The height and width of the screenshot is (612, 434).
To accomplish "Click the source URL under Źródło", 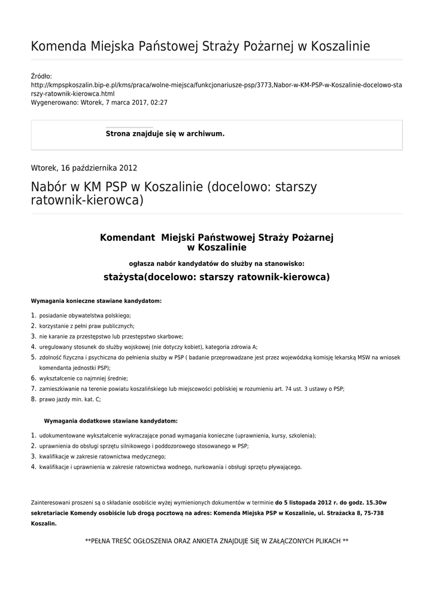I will coord(216,89).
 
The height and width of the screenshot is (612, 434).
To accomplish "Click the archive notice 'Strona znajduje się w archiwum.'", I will coord(165,134).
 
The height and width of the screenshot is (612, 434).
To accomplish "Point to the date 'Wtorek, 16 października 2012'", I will coord(84,168).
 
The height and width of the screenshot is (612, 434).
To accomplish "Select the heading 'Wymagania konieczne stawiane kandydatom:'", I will coord(96,301).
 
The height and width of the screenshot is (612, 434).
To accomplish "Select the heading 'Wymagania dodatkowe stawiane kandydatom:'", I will coord(111,421).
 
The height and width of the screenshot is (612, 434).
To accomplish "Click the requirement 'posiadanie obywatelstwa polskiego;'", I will coord(85,315).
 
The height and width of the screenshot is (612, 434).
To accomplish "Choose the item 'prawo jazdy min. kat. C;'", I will coord(70,399).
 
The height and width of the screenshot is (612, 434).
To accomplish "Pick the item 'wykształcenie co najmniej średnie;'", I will coord(84,378).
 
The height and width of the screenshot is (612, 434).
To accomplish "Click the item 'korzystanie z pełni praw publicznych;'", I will coord(87,326).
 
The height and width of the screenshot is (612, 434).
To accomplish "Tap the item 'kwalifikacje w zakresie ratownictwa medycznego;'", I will coord(102,457).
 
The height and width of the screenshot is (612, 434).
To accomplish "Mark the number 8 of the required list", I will coord(34,399).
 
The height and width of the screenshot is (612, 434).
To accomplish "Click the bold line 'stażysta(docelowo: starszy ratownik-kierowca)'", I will coord(217,277).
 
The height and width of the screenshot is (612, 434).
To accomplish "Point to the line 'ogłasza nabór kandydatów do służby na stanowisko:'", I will coord(217,262).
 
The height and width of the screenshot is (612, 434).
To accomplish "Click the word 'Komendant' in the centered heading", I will coord(128,237).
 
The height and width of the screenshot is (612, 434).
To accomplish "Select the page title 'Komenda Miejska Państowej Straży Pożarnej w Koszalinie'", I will coord(200,47).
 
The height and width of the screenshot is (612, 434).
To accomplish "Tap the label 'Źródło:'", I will coord(41,76).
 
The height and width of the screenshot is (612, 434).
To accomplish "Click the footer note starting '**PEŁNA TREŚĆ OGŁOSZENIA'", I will coord(217,541).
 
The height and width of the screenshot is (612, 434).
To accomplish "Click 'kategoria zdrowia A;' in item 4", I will coord(230,347).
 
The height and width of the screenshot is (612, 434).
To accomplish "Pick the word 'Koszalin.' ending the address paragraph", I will coord(44,523).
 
